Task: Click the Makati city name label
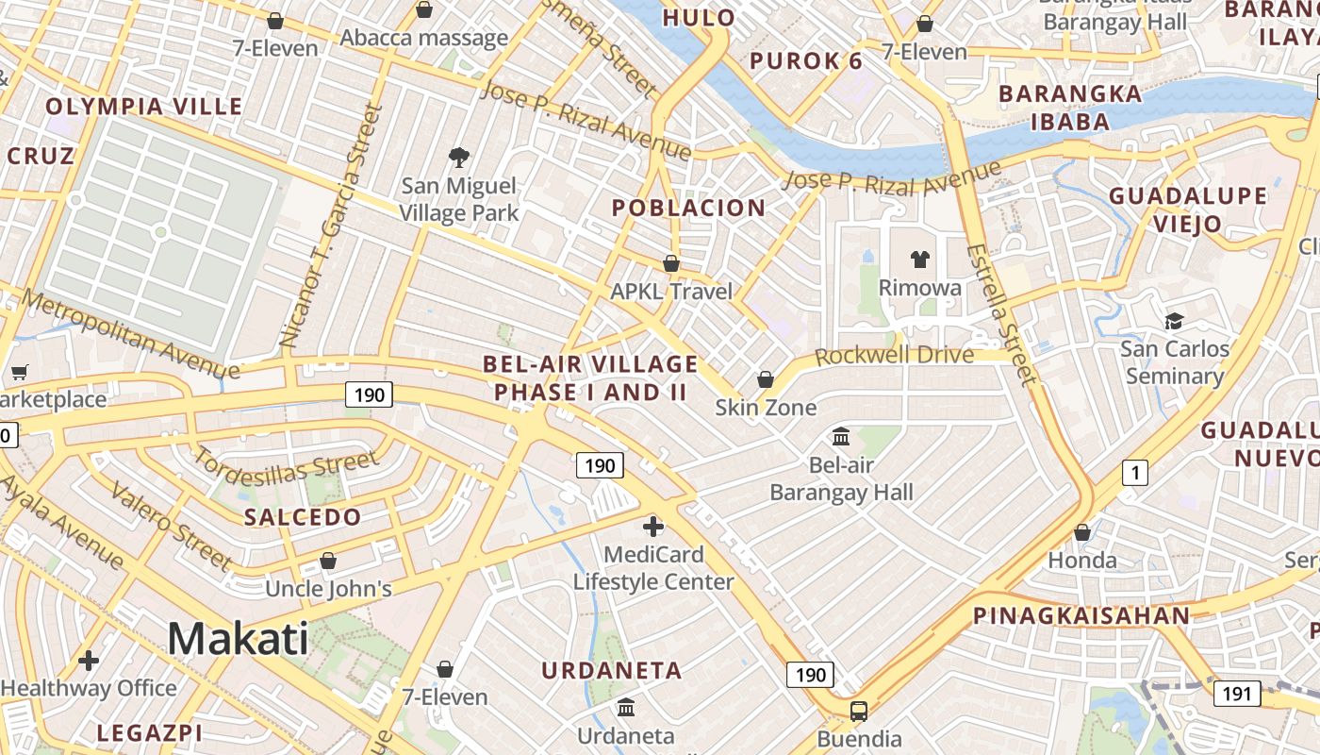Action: [238, 639]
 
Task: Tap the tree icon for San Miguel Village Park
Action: [459, 157]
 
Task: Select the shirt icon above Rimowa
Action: [919, 259]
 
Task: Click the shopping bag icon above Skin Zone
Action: [766, 379]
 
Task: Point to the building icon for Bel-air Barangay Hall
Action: [841, 437]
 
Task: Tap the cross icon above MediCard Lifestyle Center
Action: [653, 527]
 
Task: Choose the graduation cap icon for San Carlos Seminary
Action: [1174, 321]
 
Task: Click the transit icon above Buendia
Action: [859, 711]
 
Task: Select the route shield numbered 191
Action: [1236, 695]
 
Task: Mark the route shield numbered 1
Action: [1135, 473]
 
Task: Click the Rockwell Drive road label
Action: [893, 356]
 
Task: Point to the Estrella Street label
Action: [1001, 314]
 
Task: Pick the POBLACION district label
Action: [688, 209]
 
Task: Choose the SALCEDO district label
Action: [303, 517]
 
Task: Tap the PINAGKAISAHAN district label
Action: [1081, 616]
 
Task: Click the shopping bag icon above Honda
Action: [1082, 532]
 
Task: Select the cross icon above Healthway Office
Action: [89, 661]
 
